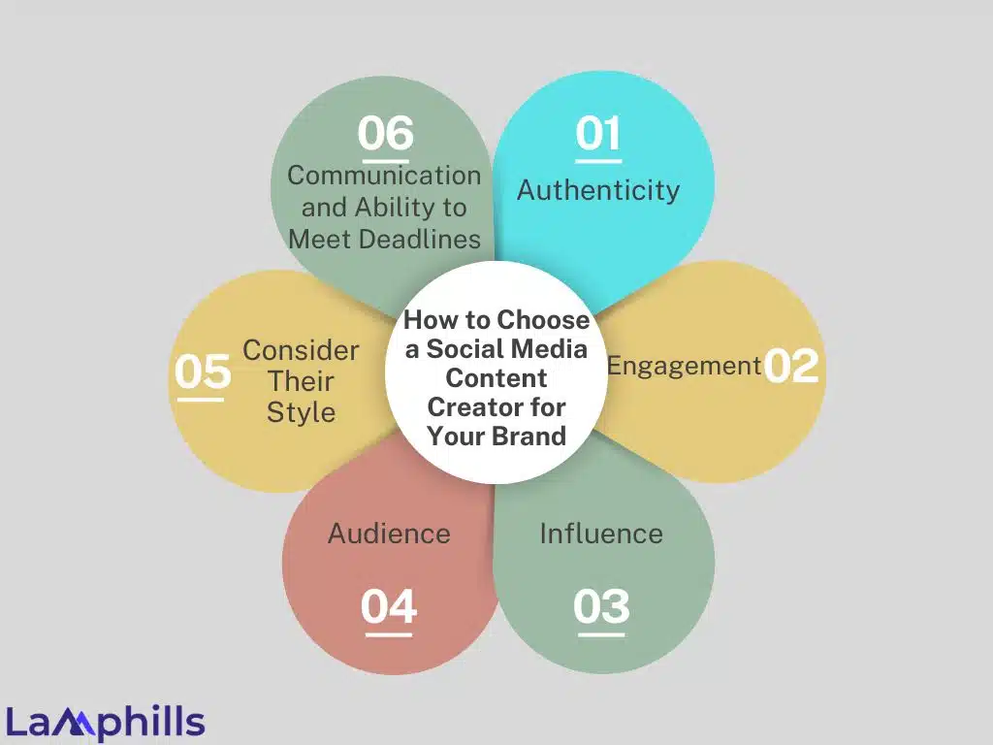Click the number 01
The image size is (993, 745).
[x=598, y=133]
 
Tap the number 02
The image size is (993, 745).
[x=791, y=367]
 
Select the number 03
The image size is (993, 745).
[x=601, y=607]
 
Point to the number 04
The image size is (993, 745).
[x=389, y=607]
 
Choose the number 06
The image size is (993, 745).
[x=385, y=133]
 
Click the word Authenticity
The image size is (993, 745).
[x=598, y=189]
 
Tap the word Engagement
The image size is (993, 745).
[x=684, y=366]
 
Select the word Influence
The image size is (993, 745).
[x=601, y=533]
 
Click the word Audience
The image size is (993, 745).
[x=389, y=533]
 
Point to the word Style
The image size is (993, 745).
[x=301, y=412]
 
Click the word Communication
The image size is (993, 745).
[x=384, y=176]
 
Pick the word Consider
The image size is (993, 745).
[x=301, y=350]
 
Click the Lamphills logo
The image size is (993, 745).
[x=106, y=723]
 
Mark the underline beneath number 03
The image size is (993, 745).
[x=601, y=635]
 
